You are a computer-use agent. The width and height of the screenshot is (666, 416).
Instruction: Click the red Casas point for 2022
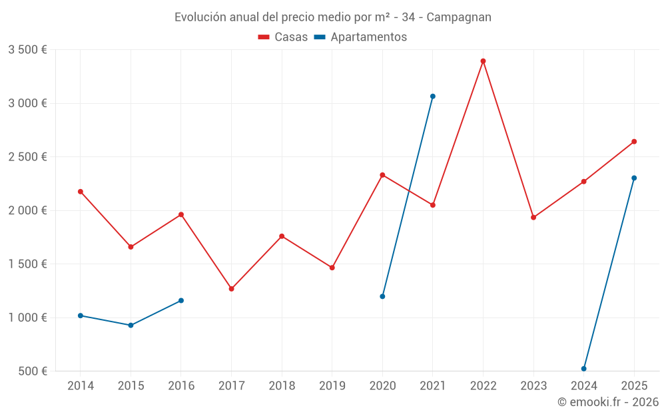[x=483, y=61]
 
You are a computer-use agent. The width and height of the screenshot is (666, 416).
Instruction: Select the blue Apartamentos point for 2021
[x=433, y=97]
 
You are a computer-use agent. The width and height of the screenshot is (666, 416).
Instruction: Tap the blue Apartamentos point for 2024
[x=584, y=369]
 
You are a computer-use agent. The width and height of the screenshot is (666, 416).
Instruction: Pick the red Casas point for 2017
[x=231, y=289]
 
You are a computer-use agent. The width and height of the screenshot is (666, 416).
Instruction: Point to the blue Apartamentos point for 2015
[x=131, y=325]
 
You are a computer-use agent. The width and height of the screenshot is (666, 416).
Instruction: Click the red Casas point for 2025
[x=634, y=142]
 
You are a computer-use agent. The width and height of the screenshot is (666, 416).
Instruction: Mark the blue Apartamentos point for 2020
[x=382, y=296]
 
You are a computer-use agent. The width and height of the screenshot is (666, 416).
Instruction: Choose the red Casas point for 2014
[x=81, y=192]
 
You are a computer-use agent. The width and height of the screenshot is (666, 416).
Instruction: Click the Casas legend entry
[x=283, y=37]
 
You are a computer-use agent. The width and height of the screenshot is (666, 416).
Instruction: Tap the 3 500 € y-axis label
[x=27, y=50]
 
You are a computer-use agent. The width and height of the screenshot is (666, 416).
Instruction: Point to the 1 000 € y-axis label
[x=27, y=317]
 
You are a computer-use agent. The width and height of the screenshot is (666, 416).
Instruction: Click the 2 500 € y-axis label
[x=27, y=157]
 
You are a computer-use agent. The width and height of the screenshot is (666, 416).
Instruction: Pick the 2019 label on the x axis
[x=332, y=386]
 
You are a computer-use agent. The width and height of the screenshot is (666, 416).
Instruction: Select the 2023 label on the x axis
[x=533, y=386]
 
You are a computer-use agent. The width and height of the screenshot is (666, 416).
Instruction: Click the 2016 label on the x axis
[x=181, y=386]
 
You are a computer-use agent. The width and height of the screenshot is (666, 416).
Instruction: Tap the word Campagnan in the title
[x=459, y=17]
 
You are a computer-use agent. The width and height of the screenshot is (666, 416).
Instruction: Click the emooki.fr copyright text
[x=607, y=402]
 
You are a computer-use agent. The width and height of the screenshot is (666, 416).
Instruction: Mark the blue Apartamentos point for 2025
[x=634, y=178]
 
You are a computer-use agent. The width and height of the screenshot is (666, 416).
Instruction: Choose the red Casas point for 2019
[x=332, y=268]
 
